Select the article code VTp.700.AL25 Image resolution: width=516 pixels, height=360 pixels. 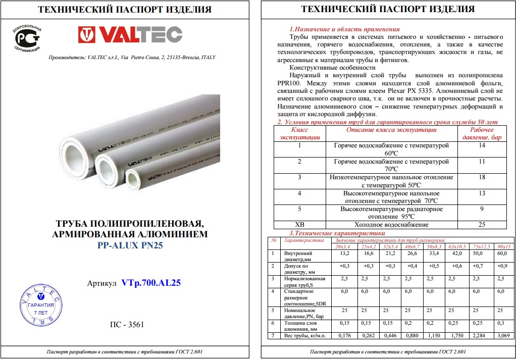pos(150,283)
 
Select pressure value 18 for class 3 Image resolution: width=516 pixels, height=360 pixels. pos(481,177)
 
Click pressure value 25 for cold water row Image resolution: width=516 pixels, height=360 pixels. pos(481,224)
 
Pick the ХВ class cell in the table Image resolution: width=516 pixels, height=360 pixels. pos(299,224)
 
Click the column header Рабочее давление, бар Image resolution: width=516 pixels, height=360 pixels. pos(481,134)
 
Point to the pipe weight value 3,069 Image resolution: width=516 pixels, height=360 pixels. pos(504,335)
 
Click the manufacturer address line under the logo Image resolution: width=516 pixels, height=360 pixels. pos(131,58)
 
